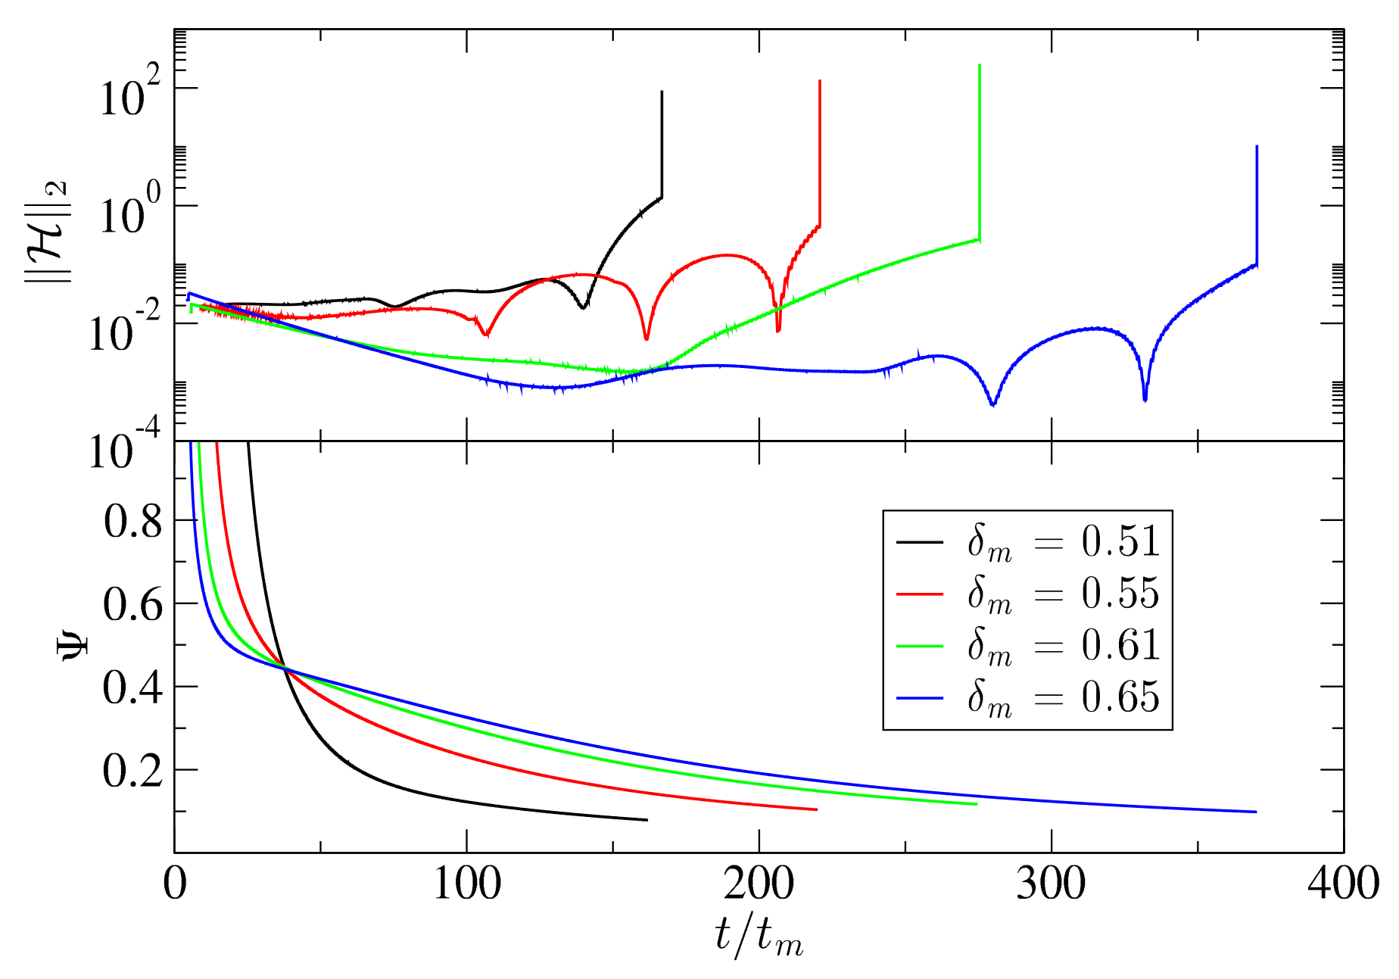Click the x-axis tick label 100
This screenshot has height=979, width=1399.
pos(467,884)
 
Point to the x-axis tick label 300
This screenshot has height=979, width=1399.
pos(1052,884)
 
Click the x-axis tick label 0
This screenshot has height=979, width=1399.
pos(175,884)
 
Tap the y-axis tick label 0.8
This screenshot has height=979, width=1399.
pos(132,521)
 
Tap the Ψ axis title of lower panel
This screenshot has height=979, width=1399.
pos(74,646)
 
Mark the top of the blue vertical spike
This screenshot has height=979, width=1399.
pos(1257,146)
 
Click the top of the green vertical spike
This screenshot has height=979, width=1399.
pos(980,65)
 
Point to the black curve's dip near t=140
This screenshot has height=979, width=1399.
pos(583,307)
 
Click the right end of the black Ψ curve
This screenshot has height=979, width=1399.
pos(647,820)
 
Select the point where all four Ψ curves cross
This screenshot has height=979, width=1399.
pos(285,669)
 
